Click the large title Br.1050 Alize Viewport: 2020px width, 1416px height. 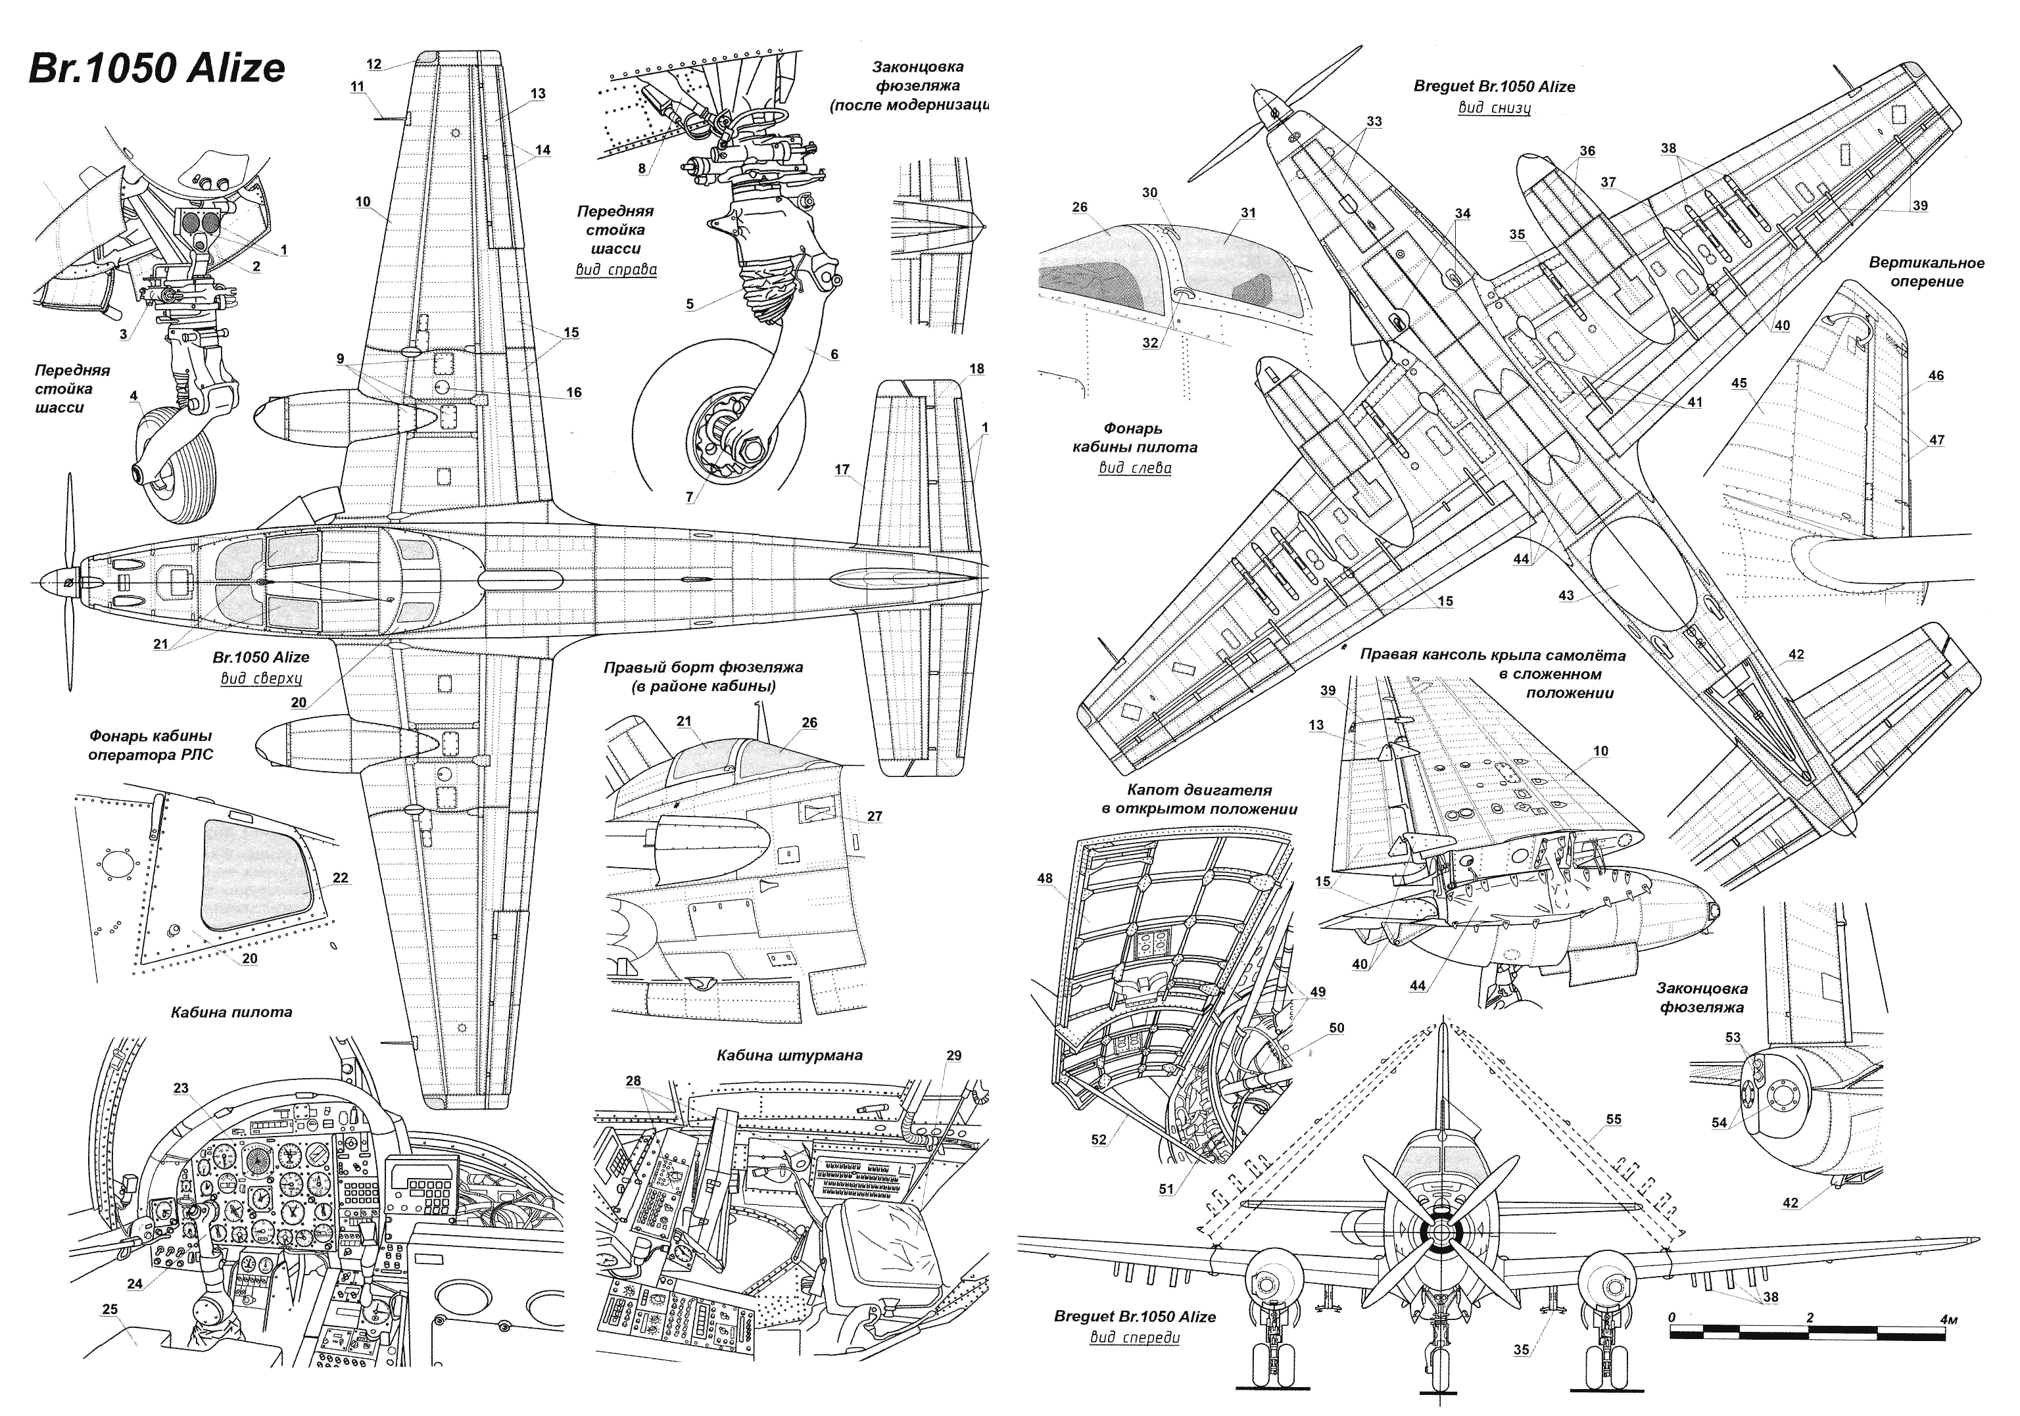pyautogui.click(x=156, y=68)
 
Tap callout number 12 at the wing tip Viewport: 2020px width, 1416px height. pyautogui.click(x=374, y=64)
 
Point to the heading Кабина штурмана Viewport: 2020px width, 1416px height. pyautogui.click(x=789, y=1054)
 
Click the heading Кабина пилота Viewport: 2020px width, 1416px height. pyautogui.click(x=231, y=1012)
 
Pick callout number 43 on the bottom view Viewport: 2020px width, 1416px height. pyautogui.click(x=1566, y=596)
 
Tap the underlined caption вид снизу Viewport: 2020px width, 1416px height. pyautogui.click(x=1494, y=108)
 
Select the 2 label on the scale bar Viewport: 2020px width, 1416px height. pyautogui.click(x=1809, y=1317)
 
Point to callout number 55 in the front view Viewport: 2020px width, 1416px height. pyautogui.click(x=1613, y=1120)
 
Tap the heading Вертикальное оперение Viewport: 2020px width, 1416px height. pyautogui.click(x=1927, y=271)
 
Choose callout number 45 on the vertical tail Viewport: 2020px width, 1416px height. pyautogui.click(x=1739, y=383)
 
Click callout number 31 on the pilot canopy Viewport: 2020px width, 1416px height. pyautogui.click(x=1247, y=213)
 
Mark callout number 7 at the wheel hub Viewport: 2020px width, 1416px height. pyautogui.click(x=689, y=498)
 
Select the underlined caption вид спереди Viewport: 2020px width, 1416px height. pyautogui.click(x=1134, y=1338)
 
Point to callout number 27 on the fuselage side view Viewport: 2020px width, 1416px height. pyautogui.click(x=874, y=816)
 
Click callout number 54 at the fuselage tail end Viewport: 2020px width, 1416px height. pyautogui.click(x=1719, y=1122)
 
